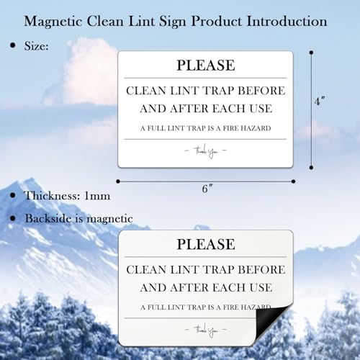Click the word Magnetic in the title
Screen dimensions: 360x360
pos(53,22)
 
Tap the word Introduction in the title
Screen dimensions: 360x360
pos(287,21)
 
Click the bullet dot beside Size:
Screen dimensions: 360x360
pos(13,45)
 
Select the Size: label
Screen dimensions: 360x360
pos(36,45)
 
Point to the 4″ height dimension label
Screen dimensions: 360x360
pos(320,101)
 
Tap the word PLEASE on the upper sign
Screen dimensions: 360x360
pos(206,66)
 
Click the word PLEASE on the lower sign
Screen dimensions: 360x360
pos(206,244)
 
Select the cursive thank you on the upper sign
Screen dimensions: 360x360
pos(205,151)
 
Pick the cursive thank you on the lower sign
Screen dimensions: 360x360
pos(206,330)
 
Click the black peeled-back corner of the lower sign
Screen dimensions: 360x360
pos(271,323)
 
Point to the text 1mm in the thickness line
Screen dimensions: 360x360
pos(97,196)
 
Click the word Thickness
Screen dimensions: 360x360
pos(52,196)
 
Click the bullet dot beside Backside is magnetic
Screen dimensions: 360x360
pos(13,218)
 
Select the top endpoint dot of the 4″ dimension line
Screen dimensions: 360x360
pos(311,53)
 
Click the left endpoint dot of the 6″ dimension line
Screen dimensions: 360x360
pos(118,181)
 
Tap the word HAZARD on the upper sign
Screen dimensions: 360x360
pos(256,128)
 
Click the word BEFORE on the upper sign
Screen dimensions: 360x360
pos(261,91)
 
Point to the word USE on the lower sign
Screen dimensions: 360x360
pos(261,287)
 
